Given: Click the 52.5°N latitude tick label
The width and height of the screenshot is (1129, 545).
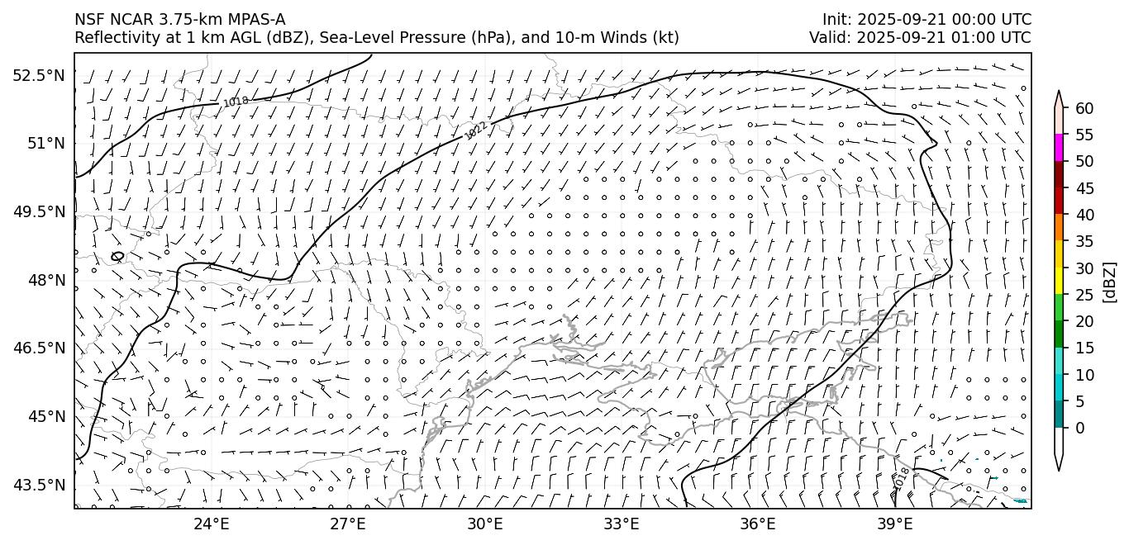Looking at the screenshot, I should click(39, 75).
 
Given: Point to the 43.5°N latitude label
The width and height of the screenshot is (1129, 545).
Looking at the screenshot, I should click(39, 485).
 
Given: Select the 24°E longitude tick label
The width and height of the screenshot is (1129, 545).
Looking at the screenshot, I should click(212, 524).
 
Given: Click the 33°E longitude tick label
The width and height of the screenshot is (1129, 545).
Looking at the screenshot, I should click(622, 524).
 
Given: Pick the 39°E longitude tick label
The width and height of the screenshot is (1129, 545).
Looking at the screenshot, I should click(894, 524).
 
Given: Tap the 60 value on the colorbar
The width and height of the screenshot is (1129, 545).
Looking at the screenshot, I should click(1084, 108).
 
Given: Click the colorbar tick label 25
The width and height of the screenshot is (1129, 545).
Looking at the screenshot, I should click(1084, 294).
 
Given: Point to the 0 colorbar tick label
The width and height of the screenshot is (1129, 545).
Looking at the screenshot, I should click(1080, 428).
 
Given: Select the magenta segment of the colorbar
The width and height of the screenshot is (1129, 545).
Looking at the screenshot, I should click(1059, 148).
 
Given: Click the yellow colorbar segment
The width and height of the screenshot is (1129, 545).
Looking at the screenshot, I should click(1059, 281).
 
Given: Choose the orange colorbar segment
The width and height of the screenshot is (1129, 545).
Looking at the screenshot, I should click(1059, 227).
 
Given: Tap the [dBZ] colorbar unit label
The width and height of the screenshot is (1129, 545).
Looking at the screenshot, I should click(1110, 282).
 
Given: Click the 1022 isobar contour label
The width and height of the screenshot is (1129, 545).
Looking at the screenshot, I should click(475, 130).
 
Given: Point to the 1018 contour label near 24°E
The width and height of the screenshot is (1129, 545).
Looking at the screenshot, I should click(236, 102).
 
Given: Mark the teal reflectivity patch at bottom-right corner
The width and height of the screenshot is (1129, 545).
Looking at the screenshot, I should click(1021, 500).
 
